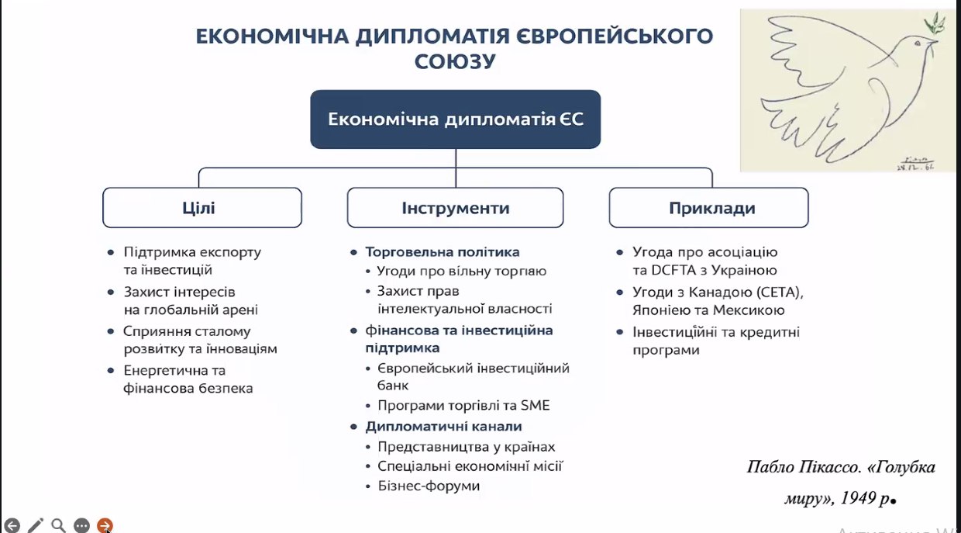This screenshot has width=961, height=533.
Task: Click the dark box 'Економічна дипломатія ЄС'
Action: [x=455, y=119]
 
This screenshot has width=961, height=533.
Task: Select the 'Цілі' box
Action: [x=202, y=207]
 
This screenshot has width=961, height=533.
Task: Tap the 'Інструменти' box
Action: [x=455, y=207]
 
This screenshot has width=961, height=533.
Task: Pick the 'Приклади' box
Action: [x=708, y=207]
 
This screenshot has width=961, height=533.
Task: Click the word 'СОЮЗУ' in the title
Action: [x=455, y=61]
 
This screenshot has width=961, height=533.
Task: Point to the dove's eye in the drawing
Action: [x=918, y=43]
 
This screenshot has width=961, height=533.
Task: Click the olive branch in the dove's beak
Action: [x=935, y=22]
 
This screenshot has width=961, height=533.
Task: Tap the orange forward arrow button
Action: [x=105, y=525]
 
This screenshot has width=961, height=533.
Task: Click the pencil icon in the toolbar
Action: [x=36, y=525]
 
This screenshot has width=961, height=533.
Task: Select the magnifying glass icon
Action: [x=58, y=525]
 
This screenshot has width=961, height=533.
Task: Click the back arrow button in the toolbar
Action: [x=12, y=525]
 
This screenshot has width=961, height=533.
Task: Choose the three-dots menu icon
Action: [x=81, y=525]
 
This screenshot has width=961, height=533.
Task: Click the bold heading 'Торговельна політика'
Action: [x=443, y=251]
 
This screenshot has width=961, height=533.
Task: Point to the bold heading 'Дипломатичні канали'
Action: [x=443, y=427]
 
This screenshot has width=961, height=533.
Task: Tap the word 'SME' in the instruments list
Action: [x=535, y=406]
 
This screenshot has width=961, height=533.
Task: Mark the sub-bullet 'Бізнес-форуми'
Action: [x=429, y=486]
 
